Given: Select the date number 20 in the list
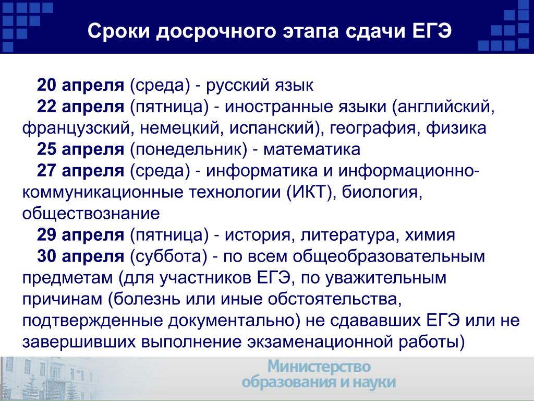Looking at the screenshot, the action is tap(46, 85).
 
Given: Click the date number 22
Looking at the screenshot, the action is tap(46, 107).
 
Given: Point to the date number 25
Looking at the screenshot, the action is tap(46, 149).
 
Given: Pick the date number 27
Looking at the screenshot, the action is tap(46, 171).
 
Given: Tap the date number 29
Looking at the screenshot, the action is tap(46, 234).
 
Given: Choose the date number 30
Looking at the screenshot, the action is tap(46, 256).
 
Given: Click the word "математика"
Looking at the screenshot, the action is tap(312, 149).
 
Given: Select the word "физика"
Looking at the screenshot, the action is tap(456, 128).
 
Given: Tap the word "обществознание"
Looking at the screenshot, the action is tap(91, 214).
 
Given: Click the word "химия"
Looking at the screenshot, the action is tap(430, 235).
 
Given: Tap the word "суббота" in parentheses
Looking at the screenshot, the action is tap(169, 256).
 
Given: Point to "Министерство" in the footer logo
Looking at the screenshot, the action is tap(319, 367).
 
